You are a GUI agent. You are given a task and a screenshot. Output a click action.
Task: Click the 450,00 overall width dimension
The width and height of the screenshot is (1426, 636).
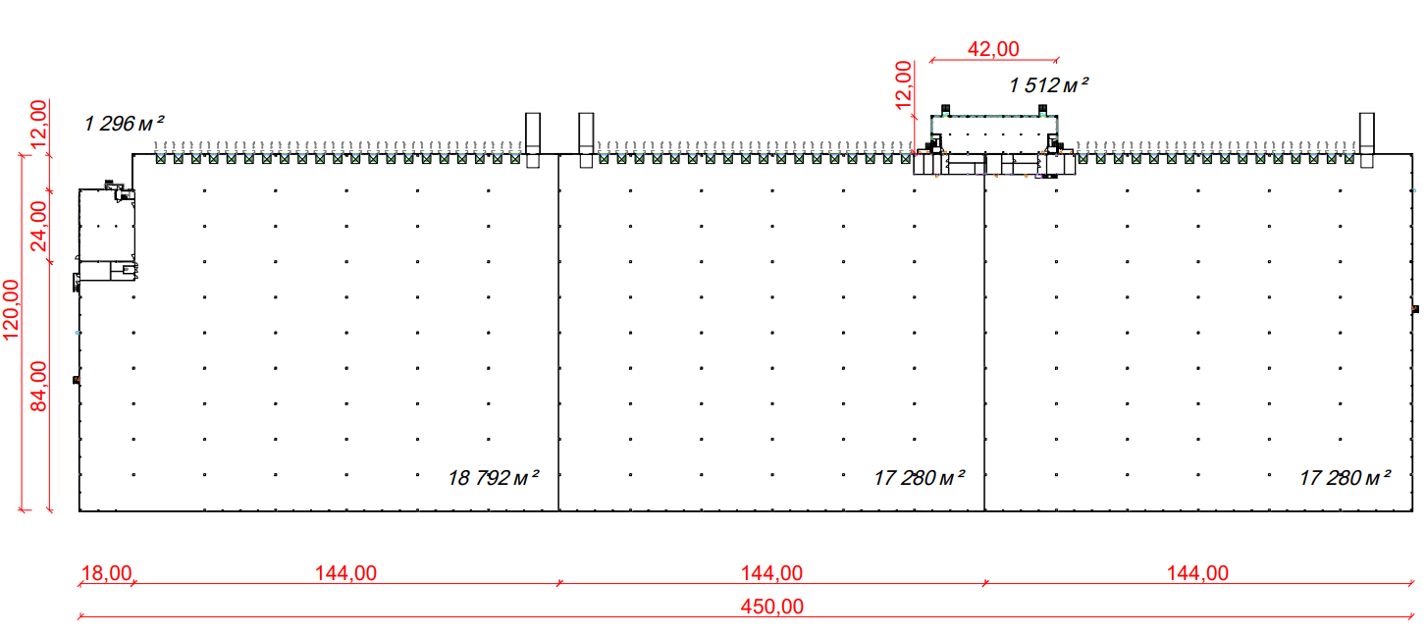point(771,607)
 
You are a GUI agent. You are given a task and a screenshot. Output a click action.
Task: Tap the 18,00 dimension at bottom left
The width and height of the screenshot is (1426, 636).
point(106,573)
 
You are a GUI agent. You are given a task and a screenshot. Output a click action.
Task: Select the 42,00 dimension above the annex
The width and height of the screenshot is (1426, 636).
point(993,49)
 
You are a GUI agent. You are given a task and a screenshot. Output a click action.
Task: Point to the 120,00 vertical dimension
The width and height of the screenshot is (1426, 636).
point(11,310)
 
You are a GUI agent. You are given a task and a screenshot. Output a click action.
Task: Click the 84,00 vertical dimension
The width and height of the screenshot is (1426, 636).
point(39,387)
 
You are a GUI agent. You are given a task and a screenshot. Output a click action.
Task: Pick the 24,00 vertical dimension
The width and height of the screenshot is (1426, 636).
point(39,226)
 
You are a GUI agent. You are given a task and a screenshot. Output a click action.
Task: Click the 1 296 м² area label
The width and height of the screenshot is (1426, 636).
point(124,123)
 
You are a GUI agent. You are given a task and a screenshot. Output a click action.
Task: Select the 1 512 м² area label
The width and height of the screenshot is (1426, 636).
point(1048,84)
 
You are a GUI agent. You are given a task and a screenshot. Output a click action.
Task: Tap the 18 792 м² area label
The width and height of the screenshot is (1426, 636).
point(494,477)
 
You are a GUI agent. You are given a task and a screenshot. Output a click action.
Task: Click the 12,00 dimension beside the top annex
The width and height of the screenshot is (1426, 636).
point(903,85)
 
